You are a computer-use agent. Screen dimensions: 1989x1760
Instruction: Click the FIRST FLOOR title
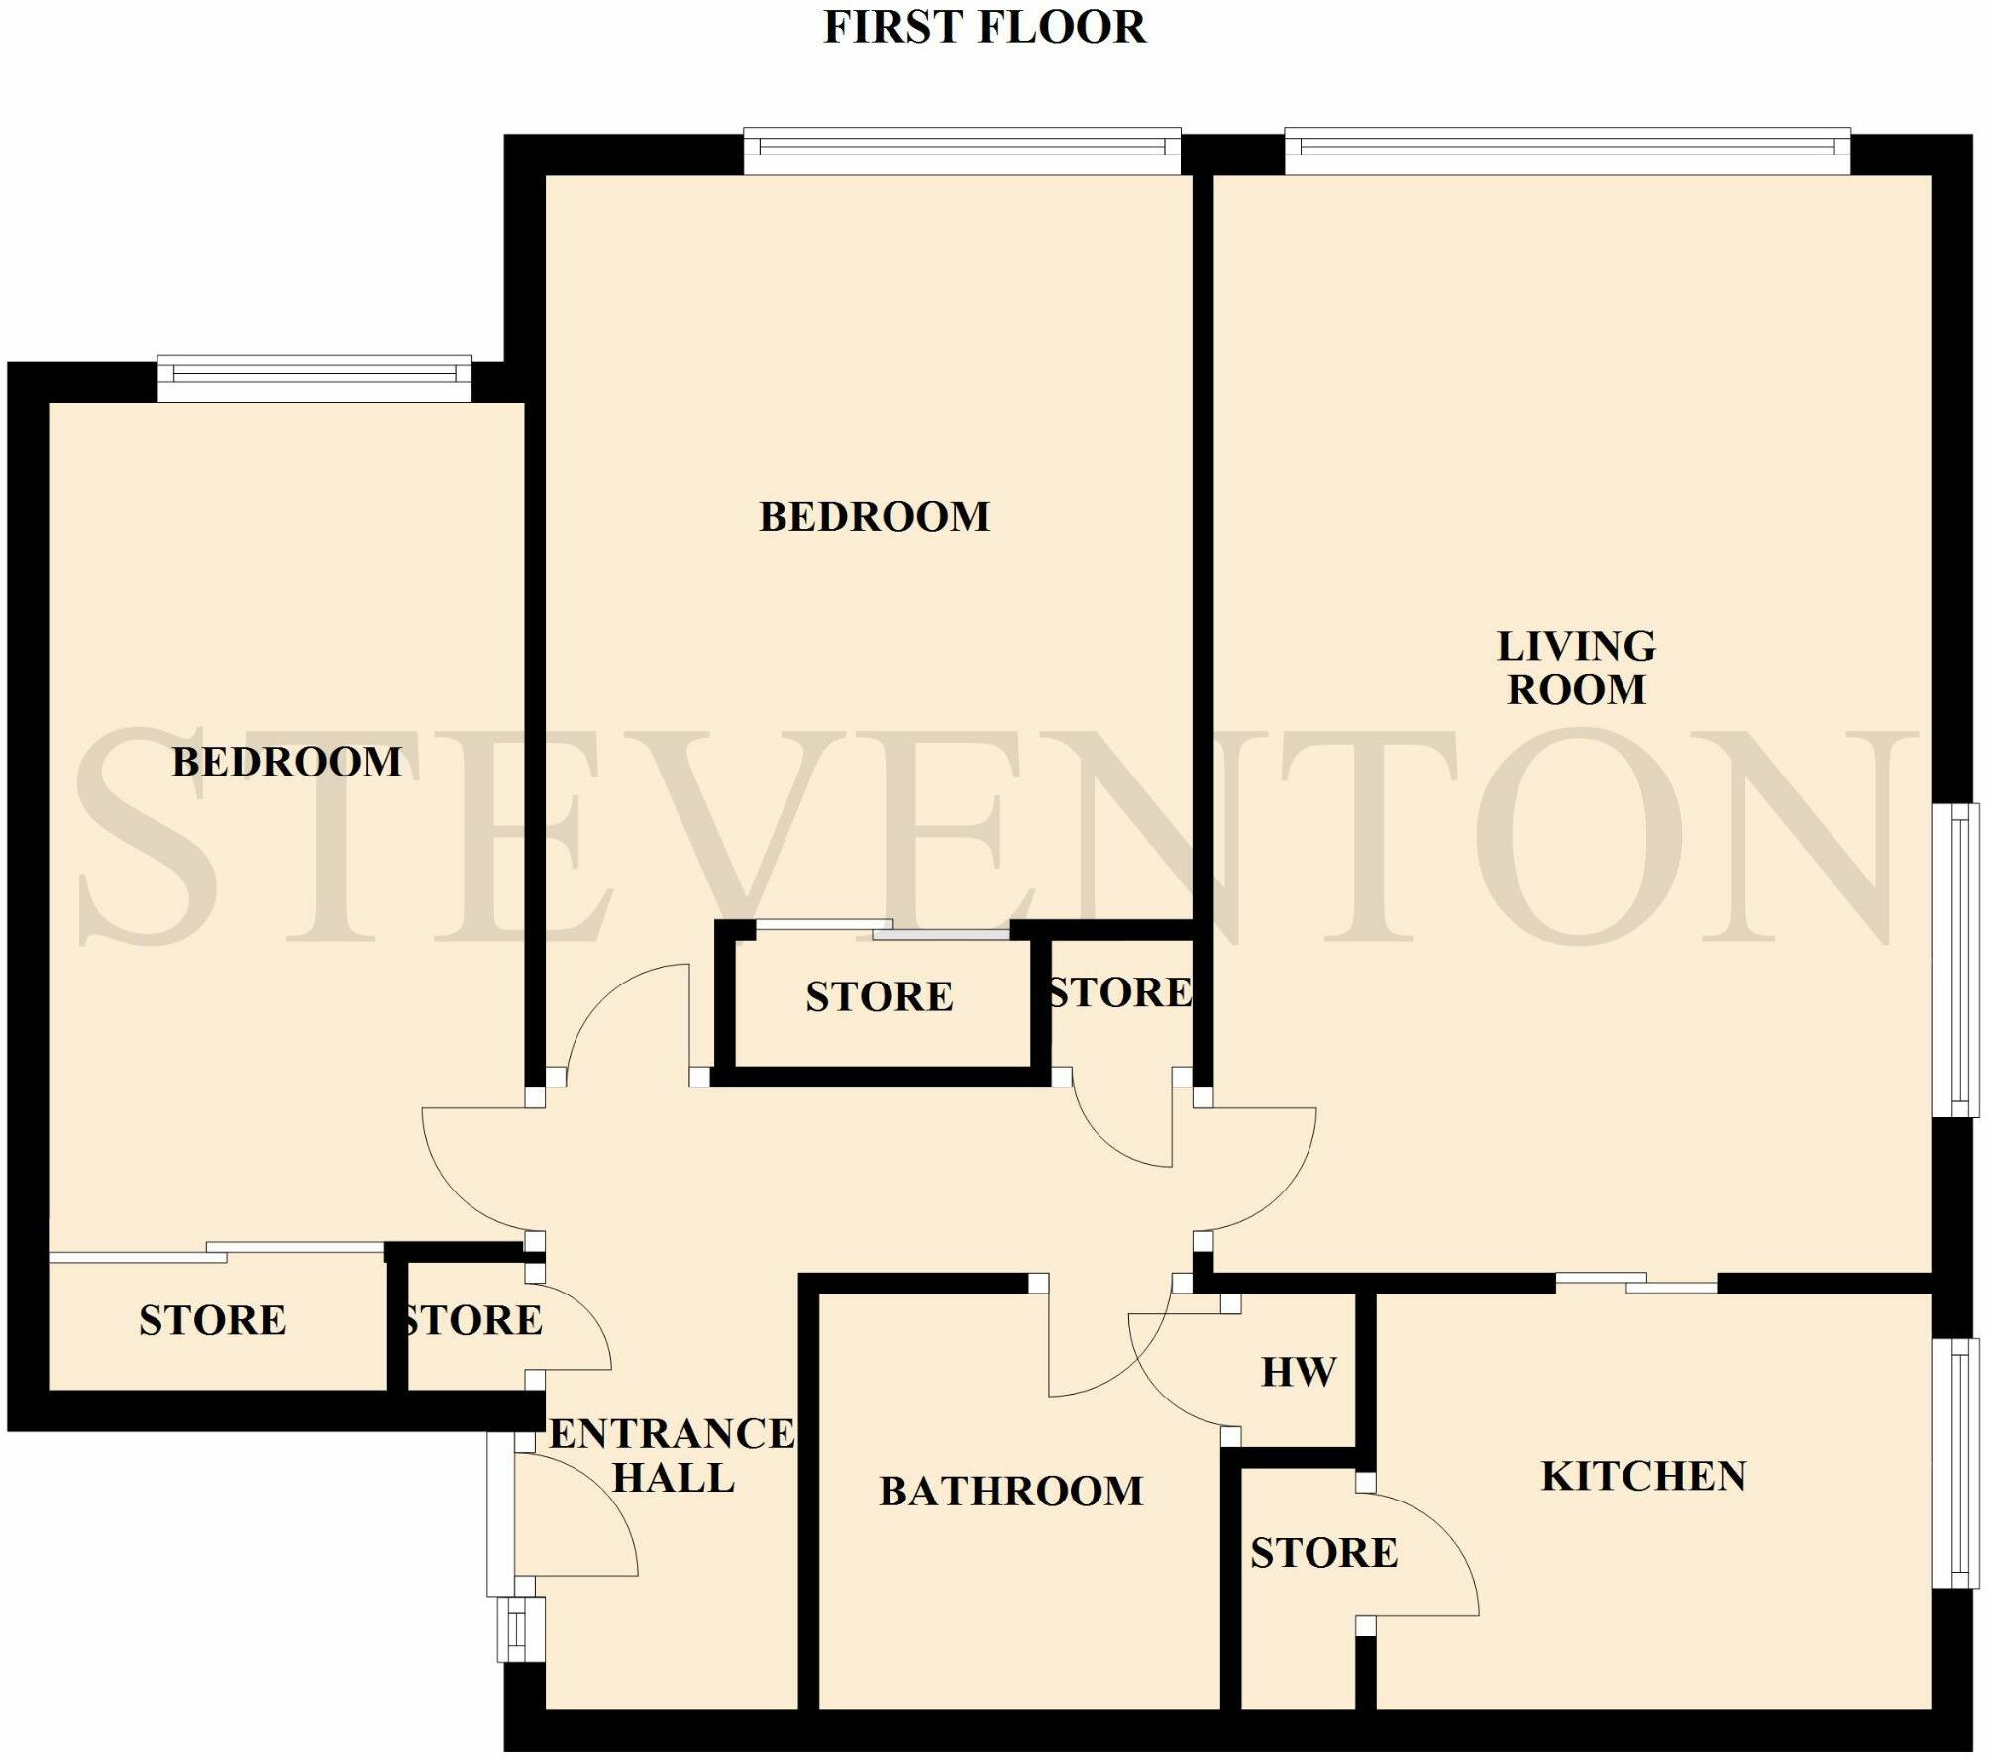pyautogui.click(x=985, y=27)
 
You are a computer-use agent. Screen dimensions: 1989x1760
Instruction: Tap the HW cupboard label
pyautogui.click(x=1299, y=1373)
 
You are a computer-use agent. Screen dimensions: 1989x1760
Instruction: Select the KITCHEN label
pyautogui.click(x=1644, y=1477)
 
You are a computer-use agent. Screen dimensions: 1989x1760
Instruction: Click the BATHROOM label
pyautogui.click(x=1011, y=1492)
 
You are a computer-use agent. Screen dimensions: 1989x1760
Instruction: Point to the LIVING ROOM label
pyautogui.click(x=1576, y=668)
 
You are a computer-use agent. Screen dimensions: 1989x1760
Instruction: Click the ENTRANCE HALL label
pyautogui.click(x=673, y=1456)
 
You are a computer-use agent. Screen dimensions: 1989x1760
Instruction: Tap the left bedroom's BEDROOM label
pyautogui.click(x=287, y=762)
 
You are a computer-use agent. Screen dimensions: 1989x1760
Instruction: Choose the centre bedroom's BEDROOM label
pyautogui.click(x=875, y=517)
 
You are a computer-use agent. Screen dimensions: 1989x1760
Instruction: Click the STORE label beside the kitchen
pyautogui.click(x=1324, y=1553)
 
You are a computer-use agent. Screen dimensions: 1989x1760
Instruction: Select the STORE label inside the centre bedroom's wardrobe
pyautogui.click(x=880, y=996)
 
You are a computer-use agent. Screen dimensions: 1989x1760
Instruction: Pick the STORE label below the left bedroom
pyautogui.click(x=213, y=1320)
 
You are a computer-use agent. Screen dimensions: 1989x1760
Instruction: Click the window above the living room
pyautogui.click(x=1568, y=151)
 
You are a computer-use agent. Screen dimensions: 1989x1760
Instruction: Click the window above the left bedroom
pyautogui.click(x=315, y=377)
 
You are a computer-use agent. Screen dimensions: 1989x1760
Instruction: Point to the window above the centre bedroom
pyautogui.click(x=962, y=151)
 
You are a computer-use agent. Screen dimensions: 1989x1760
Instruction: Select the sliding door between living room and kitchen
pyautogui.click(x=1636, y=1282)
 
